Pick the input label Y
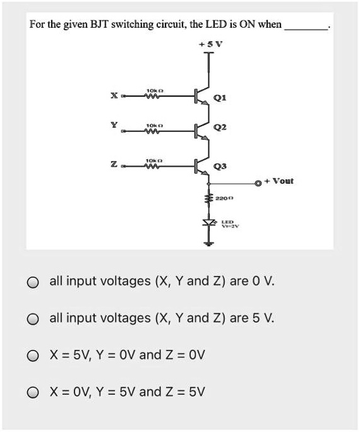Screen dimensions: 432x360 114,124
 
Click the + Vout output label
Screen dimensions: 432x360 280,181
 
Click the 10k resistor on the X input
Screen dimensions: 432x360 155,96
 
